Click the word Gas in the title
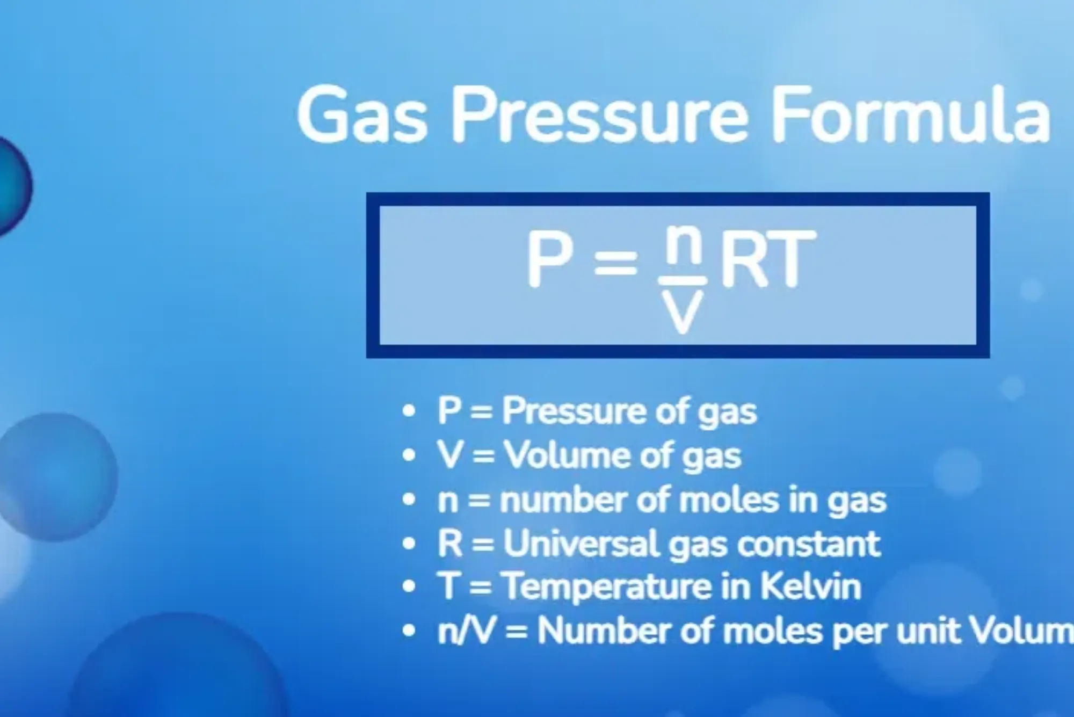(x=362, y=116)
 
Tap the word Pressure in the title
(x=599, y=116)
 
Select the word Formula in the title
(x=910, y=116)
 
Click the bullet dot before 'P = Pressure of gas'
(x=409, y=411)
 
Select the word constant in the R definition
(x=809, y=544)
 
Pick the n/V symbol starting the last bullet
(x=465, y=631)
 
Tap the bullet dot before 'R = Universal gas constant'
(x=409, y=544)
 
